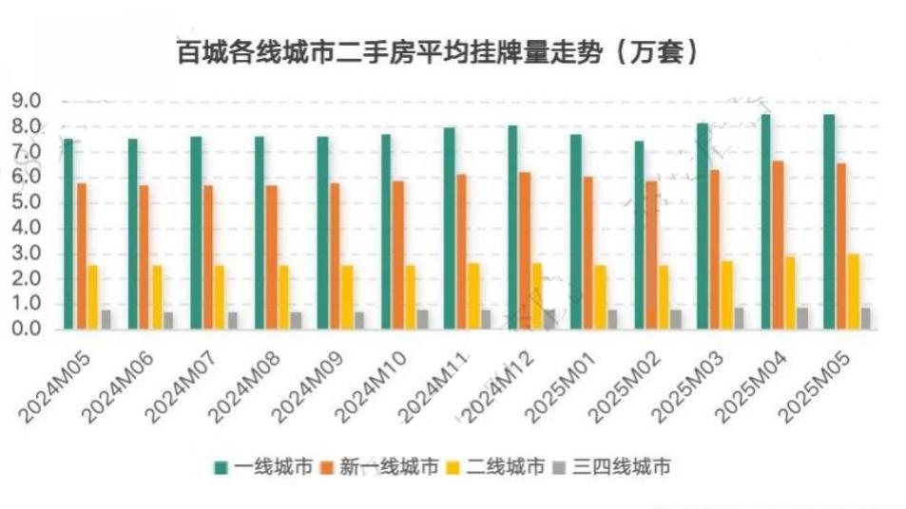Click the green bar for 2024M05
(x=68, y=234)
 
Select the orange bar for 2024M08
(x=272, y=256)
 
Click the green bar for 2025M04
(x=765, y=221)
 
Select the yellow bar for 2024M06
(x=157, y=296)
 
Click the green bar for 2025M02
(x=639, y=235)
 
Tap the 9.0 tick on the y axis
(x=26, y=101)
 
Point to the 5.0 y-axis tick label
(x=26, y=202)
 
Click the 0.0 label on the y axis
(x=26, y=329)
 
